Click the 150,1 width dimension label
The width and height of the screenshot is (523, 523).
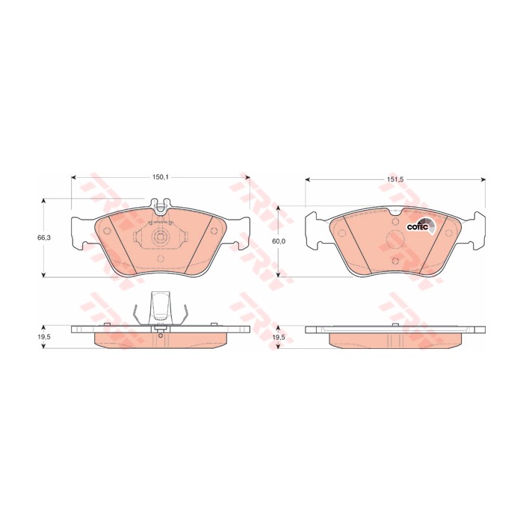[161, 178]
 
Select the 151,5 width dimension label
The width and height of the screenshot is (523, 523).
[395, 179]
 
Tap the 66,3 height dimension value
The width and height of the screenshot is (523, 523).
[43, 238]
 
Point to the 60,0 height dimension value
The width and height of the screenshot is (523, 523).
[279, 241]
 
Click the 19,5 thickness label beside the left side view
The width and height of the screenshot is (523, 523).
[43, 337]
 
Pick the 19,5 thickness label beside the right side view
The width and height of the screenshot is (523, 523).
[279, 338]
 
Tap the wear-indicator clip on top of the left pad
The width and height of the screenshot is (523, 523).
[161, 205]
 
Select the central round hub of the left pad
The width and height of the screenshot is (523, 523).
[161, 237]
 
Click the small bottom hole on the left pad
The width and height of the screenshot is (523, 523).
[161, 259]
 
